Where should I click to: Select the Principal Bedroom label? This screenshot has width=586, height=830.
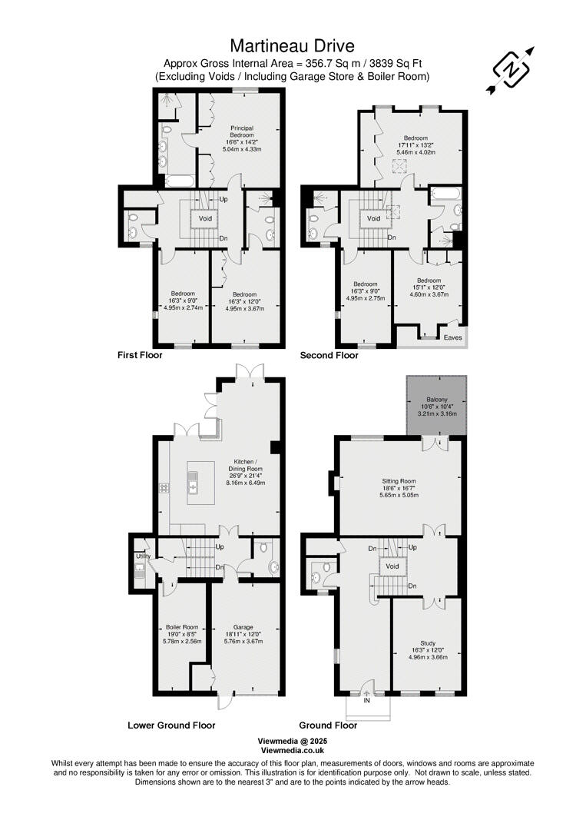[x=243, y=131]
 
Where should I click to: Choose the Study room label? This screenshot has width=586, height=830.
[x=428, y=642]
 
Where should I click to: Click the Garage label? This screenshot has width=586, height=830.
[x=243, y=626]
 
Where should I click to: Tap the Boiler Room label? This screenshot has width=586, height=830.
[x=182, y=626]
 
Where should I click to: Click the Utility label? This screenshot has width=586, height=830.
[x=143, y=556]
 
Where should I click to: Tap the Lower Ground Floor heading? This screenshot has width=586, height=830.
[x=171, y=725]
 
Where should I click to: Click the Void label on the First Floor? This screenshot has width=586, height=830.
[x=205, y=218]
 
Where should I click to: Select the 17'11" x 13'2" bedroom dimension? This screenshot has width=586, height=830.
[x=415, y=144]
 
